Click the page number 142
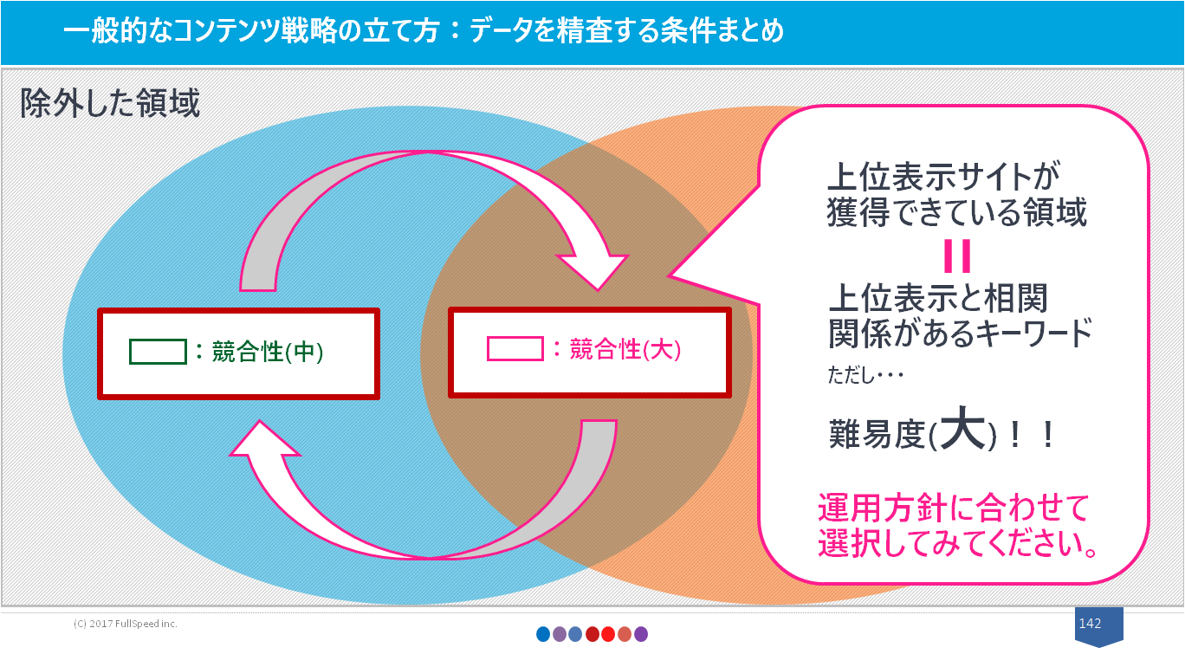point(1090,623)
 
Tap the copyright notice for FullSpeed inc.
point(126,624)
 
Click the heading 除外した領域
point(110,102)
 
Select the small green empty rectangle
point(158,352)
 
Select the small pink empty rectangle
point(515,349)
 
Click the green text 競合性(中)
point(268,352)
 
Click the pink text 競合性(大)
point(625,350)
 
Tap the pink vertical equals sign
point(957,256)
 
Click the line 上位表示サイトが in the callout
point(944,176)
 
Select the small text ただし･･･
point(865,375)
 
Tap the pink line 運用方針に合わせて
point(954,508)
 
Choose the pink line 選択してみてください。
point(958,543)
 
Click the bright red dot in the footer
point(608,634)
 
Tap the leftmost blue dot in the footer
point(543,634)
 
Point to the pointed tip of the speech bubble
point(668,275)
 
